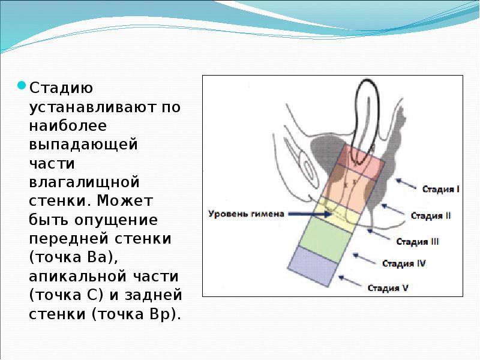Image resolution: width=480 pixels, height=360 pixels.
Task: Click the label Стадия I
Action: pyautogui.click(x=440, y=189)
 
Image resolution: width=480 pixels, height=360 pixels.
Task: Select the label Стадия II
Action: pyautogui.click(x=431, y=215)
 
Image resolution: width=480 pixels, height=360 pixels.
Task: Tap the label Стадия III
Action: pyautogui.click(x=417, y=242)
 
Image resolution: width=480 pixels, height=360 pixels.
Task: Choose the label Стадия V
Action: pyautogui.click(x=388, y=287)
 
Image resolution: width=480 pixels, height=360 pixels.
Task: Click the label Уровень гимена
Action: pyautogui.click(x=242, y=213)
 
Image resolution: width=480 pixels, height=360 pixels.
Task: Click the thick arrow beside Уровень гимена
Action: pyautogui.click(x=304, y=213)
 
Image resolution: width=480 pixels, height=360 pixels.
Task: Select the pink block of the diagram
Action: pyautogui.click(x=353, y=163)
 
